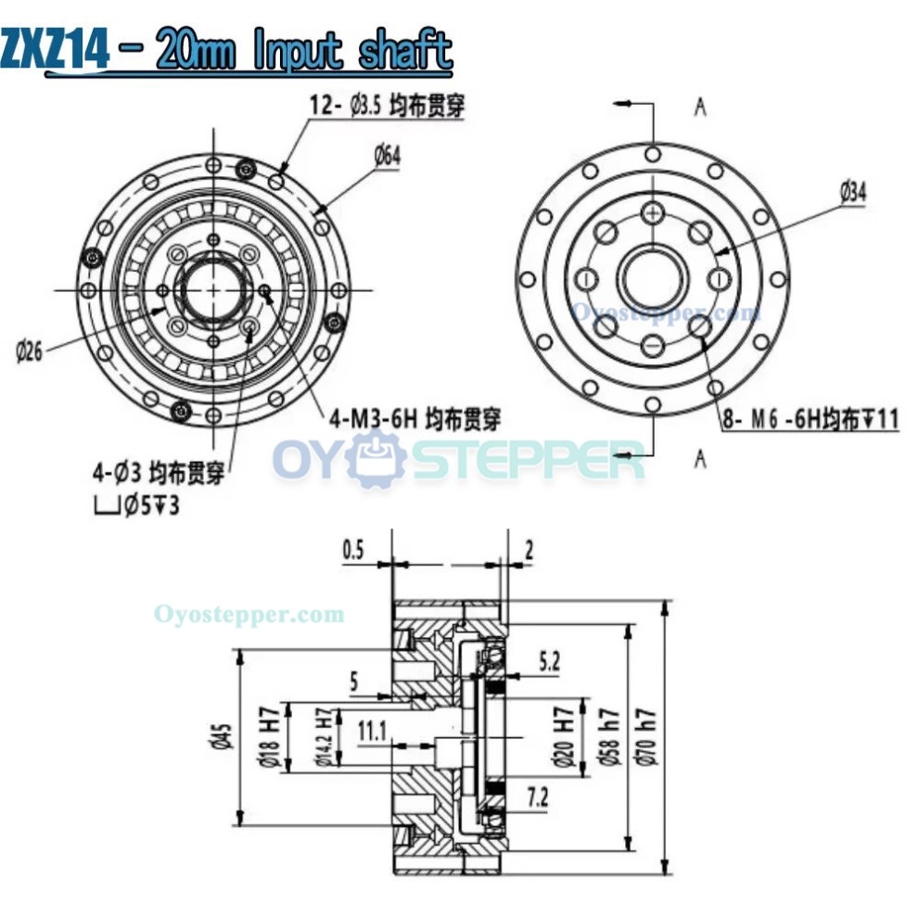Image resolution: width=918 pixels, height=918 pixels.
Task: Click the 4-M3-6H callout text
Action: (x=413, y=420)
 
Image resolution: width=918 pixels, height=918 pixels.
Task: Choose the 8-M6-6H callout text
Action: (x=810, y=419)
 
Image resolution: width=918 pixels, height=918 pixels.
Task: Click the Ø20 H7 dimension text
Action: (x=562, y=738)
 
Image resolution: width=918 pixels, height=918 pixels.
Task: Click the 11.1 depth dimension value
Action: (x=371, y=732)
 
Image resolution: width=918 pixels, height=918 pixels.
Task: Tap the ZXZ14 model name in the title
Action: (x=55, y=50)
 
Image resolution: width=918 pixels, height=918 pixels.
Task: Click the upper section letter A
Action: (x=700, y=108)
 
